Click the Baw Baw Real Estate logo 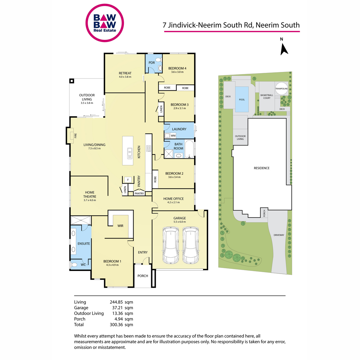104,23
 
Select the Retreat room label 125,73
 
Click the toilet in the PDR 158,60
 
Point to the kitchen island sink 130,153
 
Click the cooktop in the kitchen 149,148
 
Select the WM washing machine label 173,136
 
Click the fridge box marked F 128,180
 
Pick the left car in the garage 171,245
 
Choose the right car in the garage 190,245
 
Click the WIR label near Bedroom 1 120,226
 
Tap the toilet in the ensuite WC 73,265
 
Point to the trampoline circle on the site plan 281,88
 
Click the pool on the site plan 242,99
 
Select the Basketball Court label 267,97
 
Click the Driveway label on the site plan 279,235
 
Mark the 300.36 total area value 116,325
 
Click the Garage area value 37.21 117,308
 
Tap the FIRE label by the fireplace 76,136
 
